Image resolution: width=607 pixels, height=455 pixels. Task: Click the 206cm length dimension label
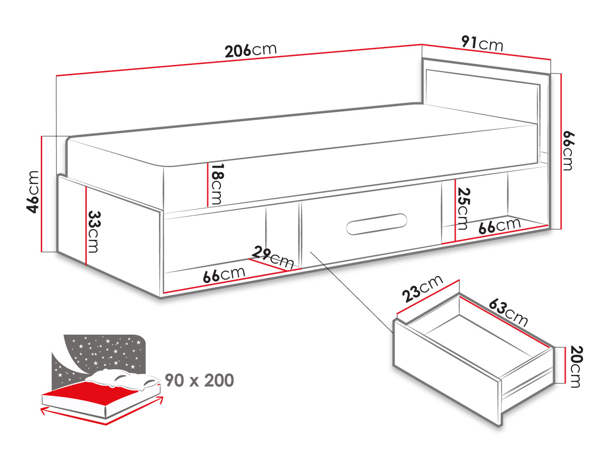tap(250, 51)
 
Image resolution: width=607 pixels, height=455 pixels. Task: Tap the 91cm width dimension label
tap(482, 44)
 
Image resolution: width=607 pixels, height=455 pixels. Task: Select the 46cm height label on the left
tap(33, 192)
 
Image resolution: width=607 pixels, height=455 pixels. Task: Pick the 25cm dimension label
tap(463, 209)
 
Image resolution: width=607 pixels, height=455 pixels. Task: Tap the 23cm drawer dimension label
tap(422, 289)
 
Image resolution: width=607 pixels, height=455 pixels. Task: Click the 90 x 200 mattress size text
tap(199, 381)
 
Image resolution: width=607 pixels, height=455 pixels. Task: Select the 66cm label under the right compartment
tap(499, 226)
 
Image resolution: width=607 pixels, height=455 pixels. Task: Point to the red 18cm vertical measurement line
tap(207, 184)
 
